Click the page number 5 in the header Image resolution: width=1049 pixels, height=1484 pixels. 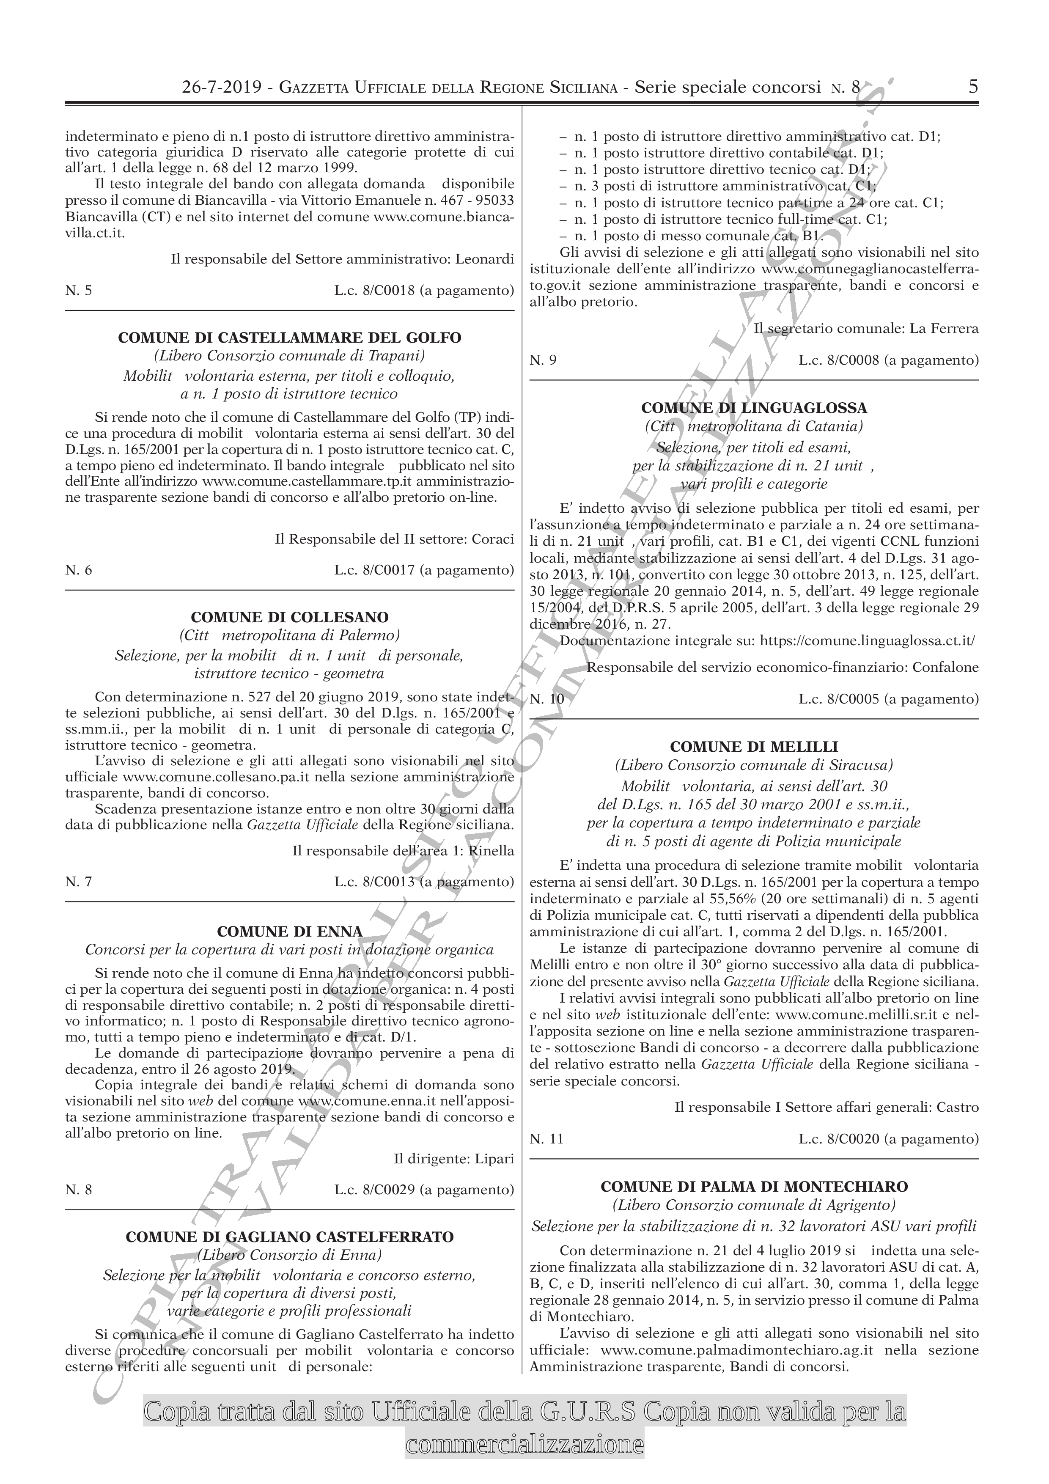pyautogui.click(x=973, y=87)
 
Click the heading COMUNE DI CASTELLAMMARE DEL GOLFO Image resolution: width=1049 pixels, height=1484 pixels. pyautogui.click(x=290, y=338)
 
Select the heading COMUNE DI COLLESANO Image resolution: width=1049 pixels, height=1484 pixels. pyautogui.click(x=290, y=617)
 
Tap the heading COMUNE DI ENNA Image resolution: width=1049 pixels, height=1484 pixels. pyautogui.click(x=290, y=932)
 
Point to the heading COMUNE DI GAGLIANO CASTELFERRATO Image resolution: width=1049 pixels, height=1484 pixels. pyautogui.click(x=290, y=1237)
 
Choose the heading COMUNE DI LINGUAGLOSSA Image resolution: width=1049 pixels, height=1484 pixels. pyautogui.click(x=754, y=408)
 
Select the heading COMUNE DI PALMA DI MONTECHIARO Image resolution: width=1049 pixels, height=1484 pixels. pyautogui.click(x=754, y=1187)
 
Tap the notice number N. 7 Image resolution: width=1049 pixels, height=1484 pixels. pyautogui.click(x=79, y=882)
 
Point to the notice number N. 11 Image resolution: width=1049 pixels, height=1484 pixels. pyautogui.click(x=547, y=1140)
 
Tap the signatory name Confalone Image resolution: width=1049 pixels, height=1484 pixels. pyautogui.click(x=945, y=667)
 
